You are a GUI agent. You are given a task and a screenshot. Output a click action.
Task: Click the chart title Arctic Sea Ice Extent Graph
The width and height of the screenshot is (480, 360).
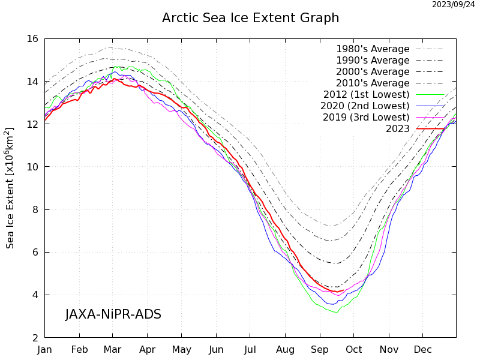point(250,18)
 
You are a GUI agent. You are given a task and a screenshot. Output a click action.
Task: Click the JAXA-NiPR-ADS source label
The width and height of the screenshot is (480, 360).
point(113,314)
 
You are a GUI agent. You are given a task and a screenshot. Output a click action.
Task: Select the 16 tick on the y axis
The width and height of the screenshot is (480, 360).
point(32,38)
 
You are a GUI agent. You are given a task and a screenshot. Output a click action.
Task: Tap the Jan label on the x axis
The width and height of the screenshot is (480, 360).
point(45,349)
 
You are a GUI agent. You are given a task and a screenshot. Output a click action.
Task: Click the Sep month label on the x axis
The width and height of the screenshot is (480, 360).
point(319,349)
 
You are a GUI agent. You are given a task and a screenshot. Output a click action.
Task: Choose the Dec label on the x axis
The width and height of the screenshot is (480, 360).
point(422,349)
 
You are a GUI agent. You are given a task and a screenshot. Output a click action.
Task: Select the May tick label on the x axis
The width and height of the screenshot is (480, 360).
point(182,349)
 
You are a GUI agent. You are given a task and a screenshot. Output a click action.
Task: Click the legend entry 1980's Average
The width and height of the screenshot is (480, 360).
point(373,49)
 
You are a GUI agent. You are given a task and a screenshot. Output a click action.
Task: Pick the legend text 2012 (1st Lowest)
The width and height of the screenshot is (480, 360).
point(366,95)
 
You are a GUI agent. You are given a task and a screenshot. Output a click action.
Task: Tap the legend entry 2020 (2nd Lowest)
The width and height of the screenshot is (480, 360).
point(366,106)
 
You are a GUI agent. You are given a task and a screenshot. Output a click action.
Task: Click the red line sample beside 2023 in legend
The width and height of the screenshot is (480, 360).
point(430,129)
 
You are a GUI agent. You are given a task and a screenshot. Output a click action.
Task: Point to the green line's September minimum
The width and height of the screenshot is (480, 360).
point(336,312)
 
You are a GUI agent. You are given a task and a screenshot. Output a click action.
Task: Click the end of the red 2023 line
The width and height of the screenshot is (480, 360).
point(343,290)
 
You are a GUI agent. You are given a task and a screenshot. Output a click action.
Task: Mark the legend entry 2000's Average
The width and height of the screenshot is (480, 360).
point(373,72)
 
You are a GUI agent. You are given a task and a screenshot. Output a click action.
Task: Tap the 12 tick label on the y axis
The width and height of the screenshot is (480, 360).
point(32,124)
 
